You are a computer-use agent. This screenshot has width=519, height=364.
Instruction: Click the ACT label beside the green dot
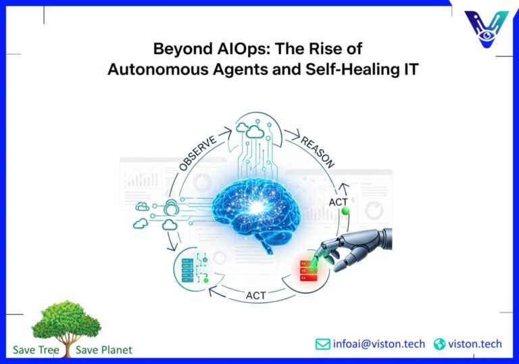[339, 202]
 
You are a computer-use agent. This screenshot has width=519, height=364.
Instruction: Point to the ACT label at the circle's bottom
[255, 296]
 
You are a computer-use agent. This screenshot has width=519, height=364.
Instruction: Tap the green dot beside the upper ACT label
[345, 212]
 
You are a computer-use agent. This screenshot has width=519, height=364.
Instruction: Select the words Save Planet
[104, 350]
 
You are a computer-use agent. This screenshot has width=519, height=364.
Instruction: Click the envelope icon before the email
[323, 344]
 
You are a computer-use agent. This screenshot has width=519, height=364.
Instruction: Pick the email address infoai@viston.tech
[379, 344]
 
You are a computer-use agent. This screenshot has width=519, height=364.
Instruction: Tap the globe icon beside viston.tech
[440, 344]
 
